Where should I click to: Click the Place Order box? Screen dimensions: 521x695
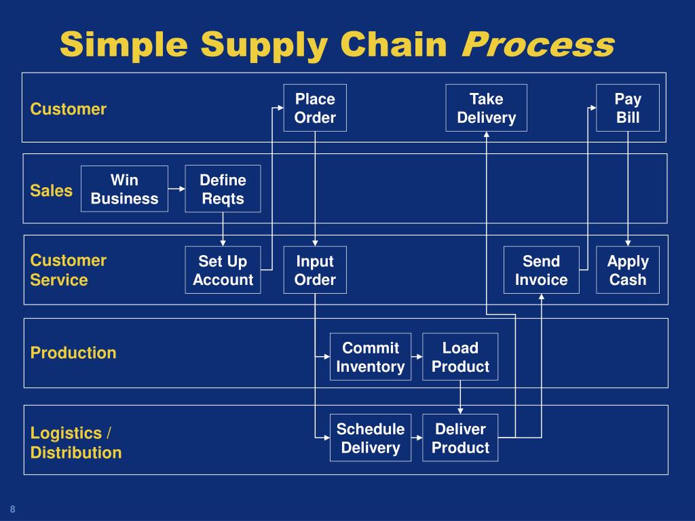point(315,108)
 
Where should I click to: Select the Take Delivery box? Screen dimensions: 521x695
point(486,108)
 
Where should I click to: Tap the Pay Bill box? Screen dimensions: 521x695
point(627,108)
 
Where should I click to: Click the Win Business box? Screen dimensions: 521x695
point(124,189)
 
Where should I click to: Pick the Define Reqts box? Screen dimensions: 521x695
point(223,189)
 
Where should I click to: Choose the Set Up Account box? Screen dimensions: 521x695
point(223,270)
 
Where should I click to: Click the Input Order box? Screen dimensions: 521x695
point(315,270)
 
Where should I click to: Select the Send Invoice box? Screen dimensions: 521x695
point(541,270)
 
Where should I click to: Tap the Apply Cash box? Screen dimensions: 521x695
point(627,270)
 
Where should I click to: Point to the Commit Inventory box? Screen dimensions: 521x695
point(370,357)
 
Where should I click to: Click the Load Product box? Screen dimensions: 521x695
point(460,357)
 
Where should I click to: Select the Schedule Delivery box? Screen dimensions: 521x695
point(370,438)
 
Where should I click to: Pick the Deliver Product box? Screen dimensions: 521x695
point(460,438)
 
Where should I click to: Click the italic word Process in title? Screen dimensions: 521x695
point(538,45)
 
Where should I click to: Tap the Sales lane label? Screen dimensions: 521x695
point(51,191)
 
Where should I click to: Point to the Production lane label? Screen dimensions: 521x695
point(73,353)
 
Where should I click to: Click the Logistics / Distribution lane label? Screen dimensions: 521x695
point(76,443)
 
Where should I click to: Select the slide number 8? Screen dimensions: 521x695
point(12,509)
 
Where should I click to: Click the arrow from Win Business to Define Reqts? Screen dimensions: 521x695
point(176,189)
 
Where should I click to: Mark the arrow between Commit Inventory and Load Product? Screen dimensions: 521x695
point(417,357)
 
